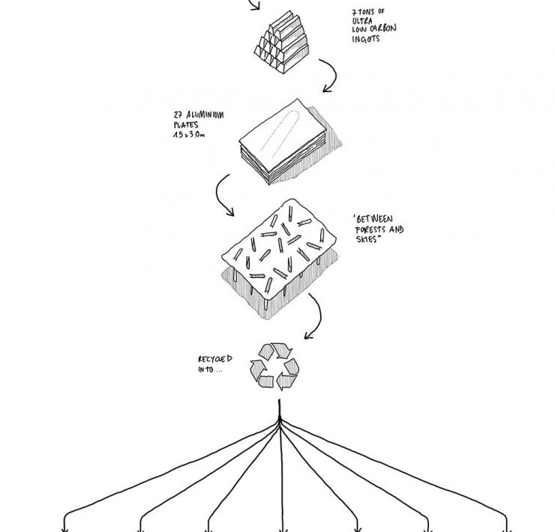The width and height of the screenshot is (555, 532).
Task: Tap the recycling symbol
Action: [x=274, y=366]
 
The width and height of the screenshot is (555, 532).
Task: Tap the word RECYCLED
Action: [x=211, y=359]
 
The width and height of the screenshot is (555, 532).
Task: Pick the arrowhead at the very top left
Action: [x=256, y=7]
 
